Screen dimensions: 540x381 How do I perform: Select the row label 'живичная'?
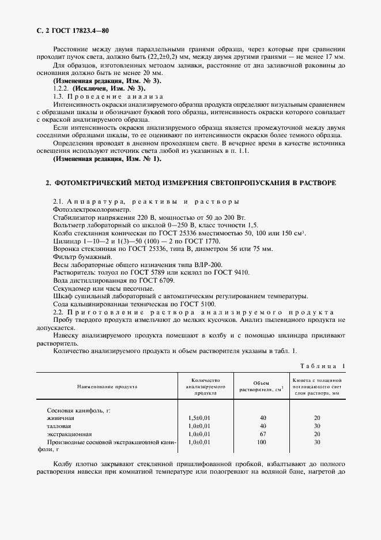(x=61, y=417)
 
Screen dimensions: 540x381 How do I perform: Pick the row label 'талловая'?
(x=60, y=425)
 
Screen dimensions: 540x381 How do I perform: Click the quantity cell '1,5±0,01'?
(x=200, y=417)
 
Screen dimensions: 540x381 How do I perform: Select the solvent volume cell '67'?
(x=263, y=433)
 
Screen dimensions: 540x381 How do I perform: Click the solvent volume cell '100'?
(x=263, y=442)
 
